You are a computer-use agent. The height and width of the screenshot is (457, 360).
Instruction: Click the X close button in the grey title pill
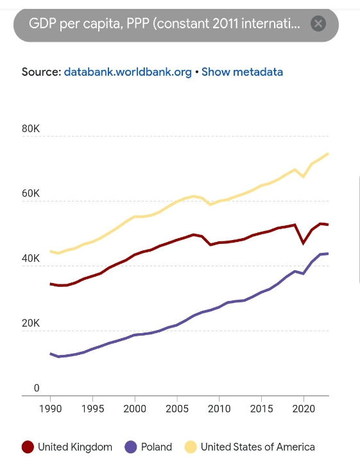point(318,24)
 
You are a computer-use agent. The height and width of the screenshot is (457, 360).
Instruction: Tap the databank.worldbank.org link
point(128,72)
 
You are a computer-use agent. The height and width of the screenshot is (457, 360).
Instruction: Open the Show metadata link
point(242,72)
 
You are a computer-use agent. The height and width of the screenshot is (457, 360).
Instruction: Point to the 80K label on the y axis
point(31,128)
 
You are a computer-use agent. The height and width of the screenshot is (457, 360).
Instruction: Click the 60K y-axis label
point(31,193)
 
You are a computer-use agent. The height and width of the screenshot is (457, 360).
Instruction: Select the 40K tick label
point(31,258)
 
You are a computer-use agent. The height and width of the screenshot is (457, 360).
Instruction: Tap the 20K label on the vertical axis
point(31,323)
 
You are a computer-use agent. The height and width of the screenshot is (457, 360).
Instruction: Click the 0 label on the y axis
point(37,388)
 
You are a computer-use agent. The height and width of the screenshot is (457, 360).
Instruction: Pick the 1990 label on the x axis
point(51,409)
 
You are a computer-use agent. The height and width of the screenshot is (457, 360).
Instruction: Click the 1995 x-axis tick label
point(92,409)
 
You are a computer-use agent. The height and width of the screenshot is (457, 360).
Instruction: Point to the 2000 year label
point(135,409)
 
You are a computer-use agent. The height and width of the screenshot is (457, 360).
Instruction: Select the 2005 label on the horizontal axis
point(177,409)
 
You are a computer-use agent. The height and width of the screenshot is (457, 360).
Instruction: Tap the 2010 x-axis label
point(219,409)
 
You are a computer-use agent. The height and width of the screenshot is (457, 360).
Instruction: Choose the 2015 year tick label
point(261,409)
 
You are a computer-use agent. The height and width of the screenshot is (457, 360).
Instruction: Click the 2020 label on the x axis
point(304,409)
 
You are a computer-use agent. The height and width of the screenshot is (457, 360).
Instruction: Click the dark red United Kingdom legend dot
point(28,447)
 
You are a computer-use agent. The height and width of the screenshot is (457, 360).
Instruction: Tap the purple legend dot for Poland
point(131,447)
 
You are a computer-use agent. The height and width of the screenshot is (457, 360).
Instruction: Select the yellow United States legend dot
point(191,447)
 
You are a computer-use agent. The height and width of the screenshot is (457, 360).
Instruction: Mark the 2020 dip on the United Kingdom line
point(304,243)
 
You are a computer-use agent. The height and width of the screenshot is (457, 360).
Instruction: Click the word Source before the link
point(42,72)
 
